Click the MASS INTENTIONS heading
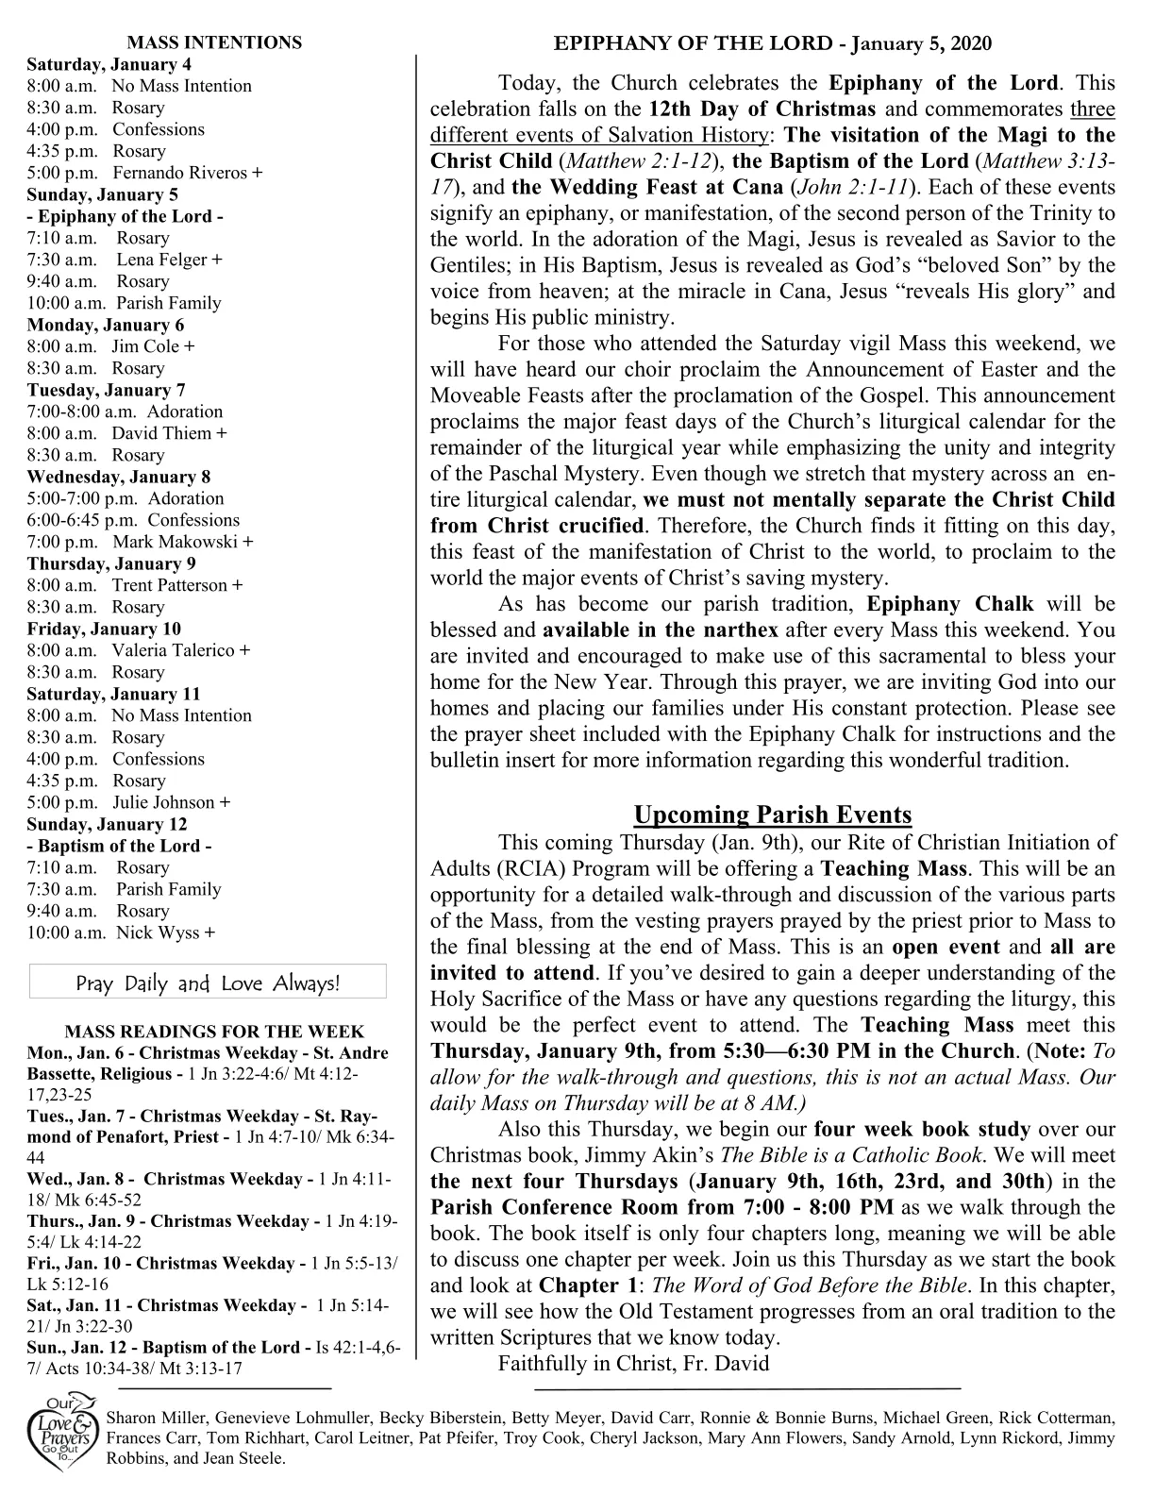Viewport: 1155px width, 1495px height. point(214,42)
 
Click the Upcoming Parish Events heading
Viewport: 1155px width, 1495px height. point(772,815)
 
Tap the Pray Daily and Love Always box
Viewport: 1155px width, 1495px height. point(208,983)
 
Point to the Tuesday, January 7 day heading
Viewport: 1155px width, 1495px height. point(106,390)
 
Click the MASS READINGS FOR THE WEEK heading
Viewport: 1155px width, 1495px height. point(214,1032)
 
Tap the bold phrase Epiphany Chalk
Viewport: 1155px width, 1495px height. point(950,604)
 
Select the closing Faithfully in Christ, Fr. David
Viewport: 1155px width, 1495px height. point(633,1363)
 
